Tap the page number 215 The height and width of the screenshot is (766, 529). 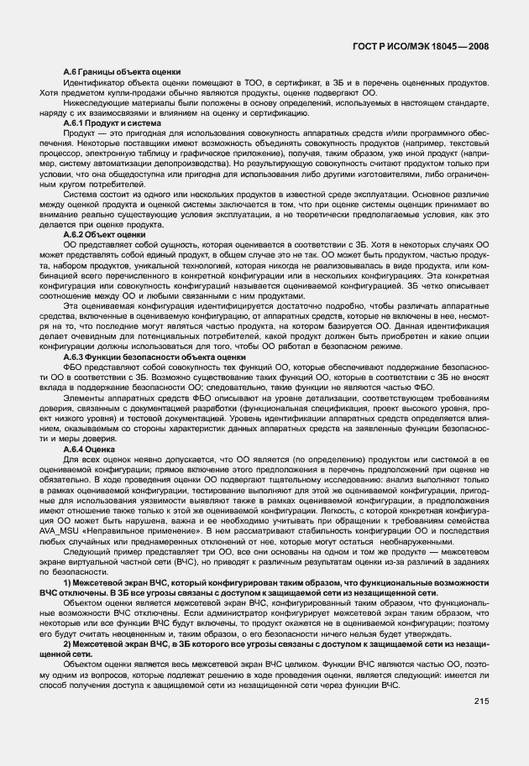pyautogui.click(x=481, y=701)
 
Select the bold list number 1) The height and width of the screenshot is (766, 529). pyautogui.click(x=68, y=582)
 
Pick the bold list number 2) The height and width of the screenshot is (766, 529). pyautogui.click(x=68, y=643)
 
